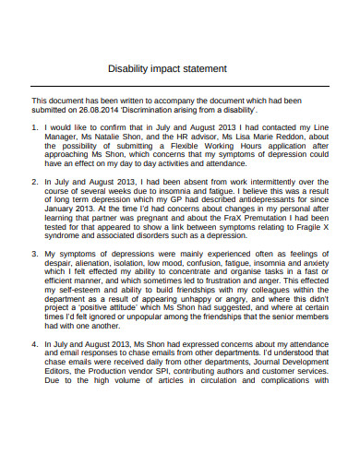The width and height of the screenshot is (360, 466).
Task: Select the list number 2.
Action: pos(35,183)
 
